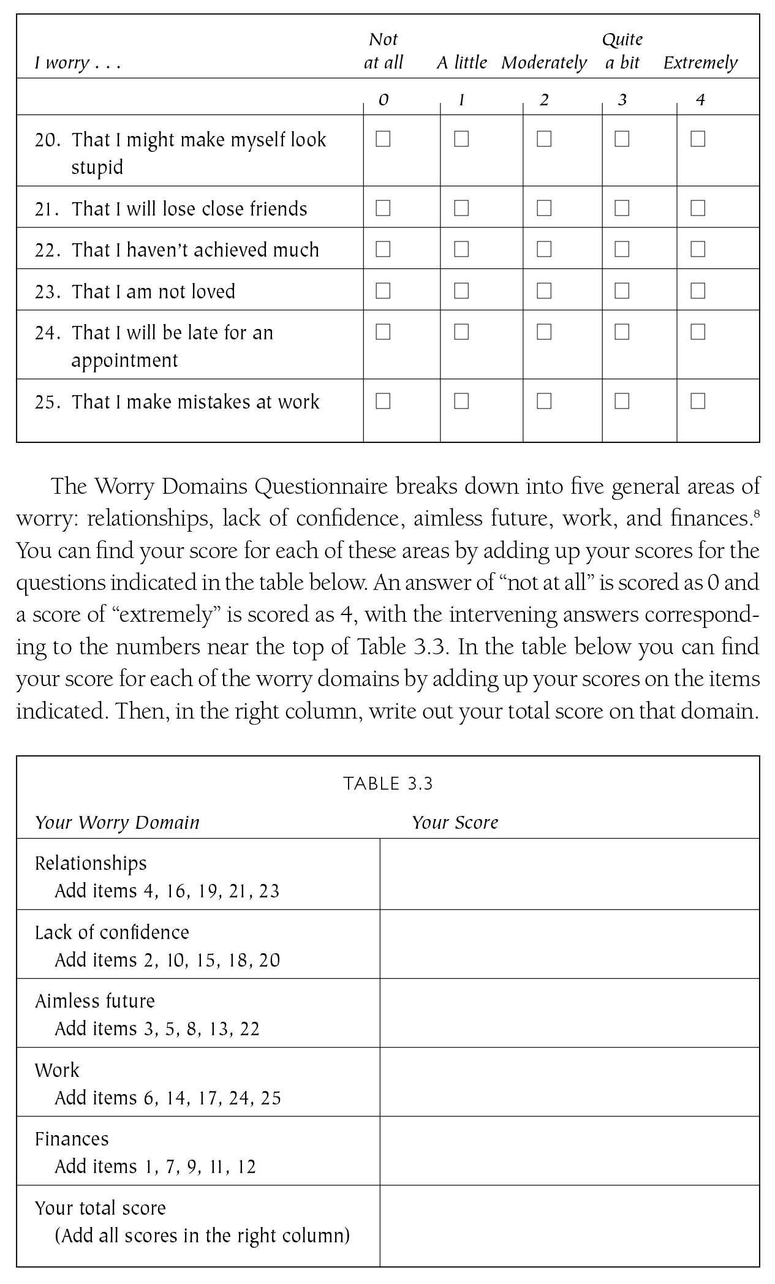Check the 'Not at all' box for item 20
(x=383, y=139)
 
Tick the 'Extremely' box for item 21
(x=698, y=208)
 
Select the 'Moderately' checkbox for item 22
(x=544, y=249)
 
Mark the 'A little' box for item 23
(x=461, y=290)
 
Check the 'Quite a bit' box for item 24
(x=622, y=331)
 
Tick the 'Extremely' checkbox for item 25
(x=698, y=401)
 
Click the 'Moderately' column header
(x=544, y=62)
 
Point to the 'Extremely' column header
(x=700, y=62)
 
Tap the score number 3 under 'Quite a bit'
(x=622, y=99)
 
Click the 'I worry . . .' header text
(x=77, y=62)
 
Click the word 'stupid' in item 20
(x=97, y=167)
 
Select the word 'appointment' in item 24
(x=124, y=360)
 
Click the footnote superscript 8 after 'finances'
(x=757, y=516)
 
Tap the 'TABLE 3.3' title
(x=388, y=784)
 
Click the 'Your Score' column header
(x=455, y=822)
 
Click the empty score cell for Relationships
(x=569, y=874)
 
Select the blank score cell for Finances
(x=569, y=1150)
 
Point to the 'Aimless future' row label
(x=95, y=1001)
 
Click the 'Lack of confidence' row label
(x=112, y=932)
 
